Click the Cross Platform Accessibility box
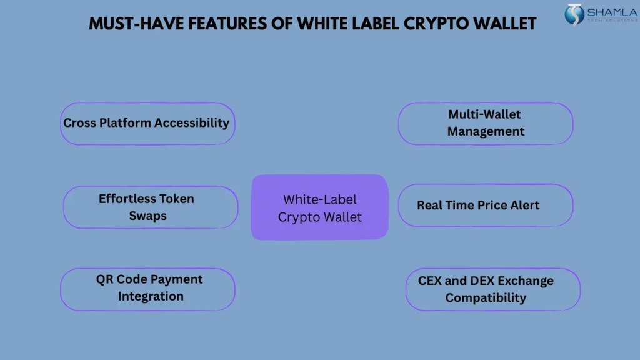[x=147, y=123]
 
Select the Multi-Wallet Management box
[x=485, y=123]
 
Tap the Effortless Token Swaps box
[x=150, y=207]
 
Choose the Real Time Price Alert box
[x=485, y=205]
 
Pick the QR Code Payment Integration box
[x=147, y=288]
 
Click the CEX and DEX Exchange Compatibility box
[x=492, y=289]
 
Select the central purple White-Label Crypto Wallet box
[x=319, y=207]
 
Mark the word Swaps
[x=147, y=216]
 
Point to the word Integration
[x=151, y=296]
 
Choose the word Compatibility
[x=486, y=297]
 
